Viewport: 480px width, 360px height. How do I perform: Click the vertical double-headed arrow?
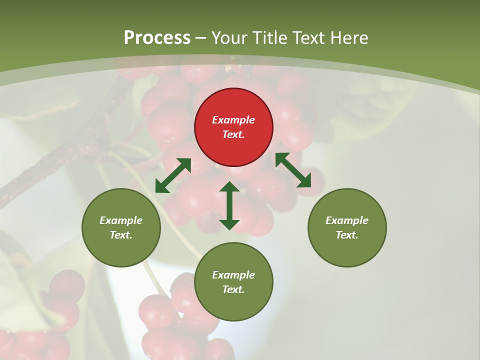click(x=229, y=205)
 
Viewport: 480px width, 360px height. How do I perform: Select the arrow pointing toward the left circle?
click(x=173, y=175)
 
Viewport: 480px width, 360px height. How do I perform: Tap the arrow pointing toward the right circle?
click(x=293, y=170)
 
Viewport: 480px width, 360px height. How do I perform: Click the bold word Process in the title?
click(x=157, y=37)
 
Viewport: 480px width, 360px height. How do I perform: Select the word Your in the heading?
click(x=230, y=37)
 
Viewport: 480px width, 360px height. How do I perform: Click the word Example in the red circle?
click(x=233, y=120)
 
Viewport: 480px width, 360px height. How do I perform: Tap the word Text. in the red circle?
click(x=233, y=134)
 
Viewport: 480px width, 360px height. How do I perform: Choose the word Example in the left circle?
click(x=121, y=220)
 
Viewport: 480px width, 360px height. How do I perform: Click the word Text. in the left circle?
click(x=121, y=235)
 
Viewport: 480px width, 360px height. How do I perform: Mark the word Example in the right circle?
click(x=347, y=220)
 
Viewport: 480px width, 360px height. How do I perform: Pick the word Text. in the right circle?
click(x=347, y=235)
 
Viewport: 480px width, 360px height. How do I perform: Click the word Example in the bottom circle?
click(x=233, y=275)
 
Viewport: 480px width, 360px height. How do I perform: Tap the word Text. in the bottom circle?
click(x=233, y=289)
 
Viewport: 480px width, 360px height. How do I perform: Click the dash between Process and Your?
click(x=201, y=38)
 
